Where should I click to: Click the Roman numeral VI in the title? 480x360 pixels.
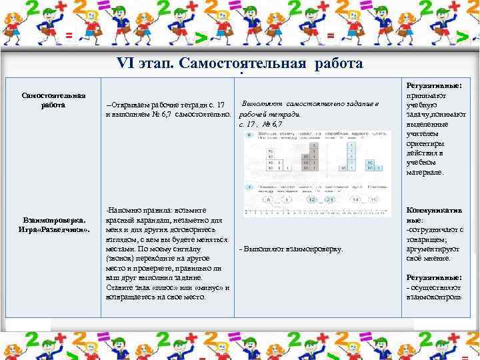point(125,64)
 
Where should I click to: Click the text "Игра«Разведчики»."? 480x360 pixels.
point(53,229)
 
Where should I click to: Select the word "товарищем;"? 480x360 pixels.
point(427,239)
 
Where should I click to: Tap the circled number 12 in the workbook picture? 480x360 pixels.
point(311,199)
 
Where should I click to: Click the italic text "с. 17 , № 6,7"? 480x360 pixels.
point(261,125)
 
